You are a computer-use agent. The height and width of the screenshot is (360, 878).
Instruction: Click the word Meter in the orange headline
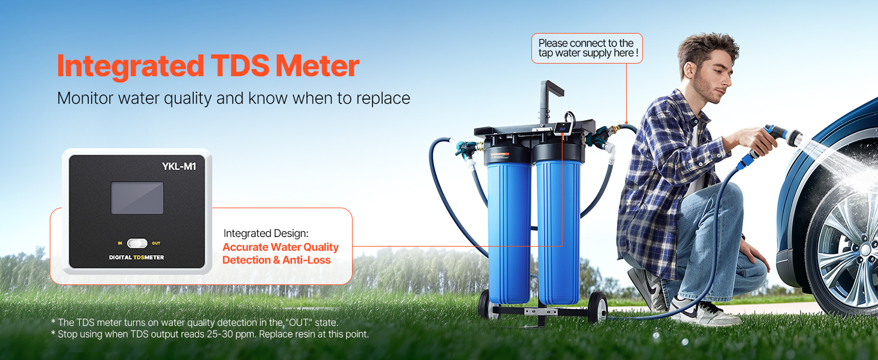[317, 65]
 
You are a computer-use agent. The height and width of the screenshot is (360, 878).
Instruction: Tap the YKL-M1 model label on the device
[179, 166]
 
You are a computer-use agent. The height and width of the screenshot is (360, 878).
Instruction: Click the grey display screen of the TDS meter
[137, 197]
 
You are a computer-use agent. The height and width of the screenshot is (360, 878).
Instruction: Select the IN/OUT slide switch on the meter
[137, 244]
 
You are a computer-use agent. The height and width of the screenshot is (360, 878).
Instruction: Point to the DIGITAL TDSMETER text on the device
[136, 257]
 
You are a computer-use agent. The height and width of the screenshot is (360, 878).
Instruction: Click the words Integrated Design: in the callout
[266, 233]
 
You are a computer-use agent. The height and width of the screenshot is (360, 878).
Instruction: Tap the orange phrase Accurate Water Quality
[281, 247]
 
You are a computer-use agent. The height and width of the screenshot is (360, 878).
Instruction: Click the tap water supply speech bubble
[587, 48]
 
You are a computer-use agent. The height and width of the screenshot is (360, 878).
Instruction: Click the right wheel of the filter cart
[597, 307]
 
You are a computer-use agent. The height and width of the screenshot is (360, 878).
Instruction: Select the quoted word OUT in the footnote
[299, 322]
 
